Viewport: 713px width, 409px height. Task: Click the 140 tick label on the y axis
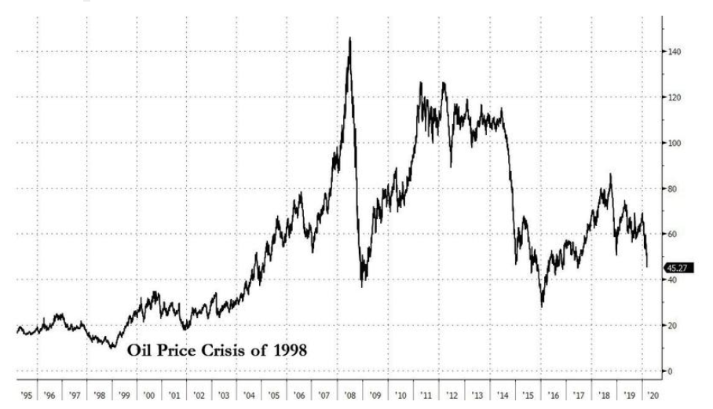coord(674,52)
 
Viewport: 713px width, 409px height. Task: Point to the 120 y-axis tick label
coord(674,97)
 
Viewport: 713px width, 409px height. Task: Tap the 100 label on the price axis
coord(674,143)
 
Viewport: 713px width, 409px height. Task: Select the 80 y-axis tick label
coord(672,188)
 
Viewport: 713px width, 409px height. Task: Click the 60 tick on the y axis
coord(672,234)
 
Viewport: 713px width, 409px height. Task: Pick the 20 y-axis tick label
coord(672,325)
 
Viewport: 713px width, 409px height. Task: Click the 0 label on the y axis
coord(670,371)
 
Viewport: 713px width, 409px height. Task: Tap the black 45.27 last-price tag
coord(676,268)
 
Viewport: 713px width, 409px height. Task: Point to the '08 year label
coord(349,396)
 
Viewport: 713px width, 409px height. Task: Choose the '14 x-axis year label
coord(501,396)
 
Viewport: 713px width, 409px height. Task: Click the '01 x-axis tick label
coord(174,396)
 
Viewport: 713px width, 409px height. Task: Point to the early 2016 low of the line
coord(542,305)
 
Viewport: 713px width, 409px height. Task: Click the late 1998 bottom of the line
coord(112,347)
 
